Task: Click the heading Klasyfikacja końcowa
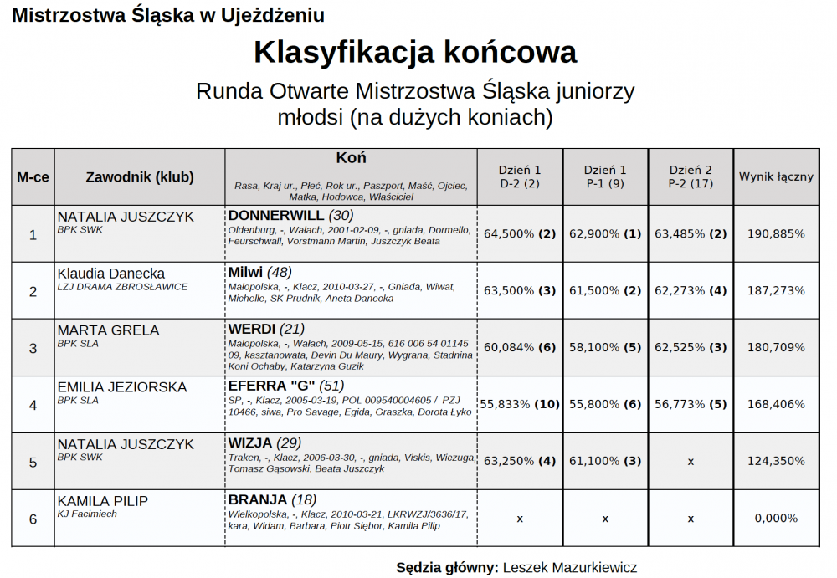pos(415,53)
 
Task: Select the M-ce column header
pos(33,177)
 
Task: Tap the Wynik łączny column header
pos(776,177)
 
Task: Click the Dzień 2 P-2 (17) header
pos(691,176)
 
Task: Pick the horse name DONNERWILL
pos(275,216)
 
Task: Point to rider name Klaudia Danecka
pos(111,274)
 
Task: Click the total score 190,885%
pos(776,234)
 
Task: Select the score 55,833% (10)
pos(520,405)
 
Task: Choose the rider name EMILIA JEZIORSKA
pos(122,387)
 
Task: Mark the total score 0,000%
pos(776,519)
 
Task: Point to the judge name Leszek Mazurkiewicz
pos(570,568)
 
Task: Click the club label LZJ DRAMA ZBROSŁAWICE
pos(122,287)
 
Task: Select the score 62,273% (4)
pos(691,291)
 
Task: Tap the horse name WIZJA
pos(249,443)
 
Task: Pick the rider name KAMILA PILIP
pos(103,501)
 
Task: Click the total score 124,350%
pos(776,462)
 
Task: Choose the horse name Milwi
pos(245,272)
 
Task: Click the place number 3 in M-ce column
pos(33,348)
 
